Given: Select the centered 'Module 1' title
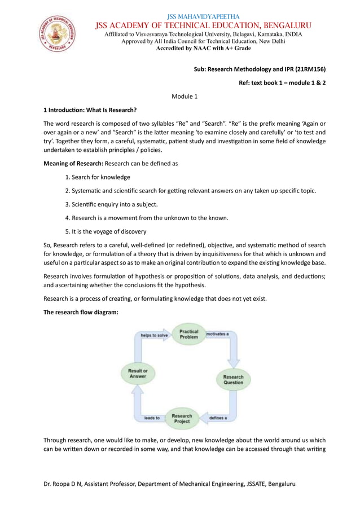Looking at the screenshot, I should point(185,96).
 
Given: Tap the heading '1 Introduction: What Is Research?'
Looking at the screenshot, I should point(90,109).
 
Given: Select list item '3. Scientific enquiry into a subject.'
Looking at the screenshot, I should point(111,204).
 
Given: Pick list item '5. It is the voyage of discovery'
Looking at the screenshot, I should point(106,231).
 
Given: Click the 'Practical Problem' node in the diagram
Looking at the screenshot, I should point(188,334).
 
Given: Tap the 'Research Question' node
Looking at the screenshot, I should point(233,379).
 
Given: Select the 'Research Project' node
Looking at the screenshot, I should point(182,418).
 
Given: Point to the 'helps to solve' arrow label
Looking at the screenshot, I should point(154,335).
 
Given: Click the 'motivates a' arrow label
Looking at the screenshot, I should point(217,334).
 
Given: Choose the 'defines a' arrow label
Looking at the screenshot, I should point(218,418).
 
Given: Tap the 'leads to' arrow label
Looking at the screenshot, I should point(152,418).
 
